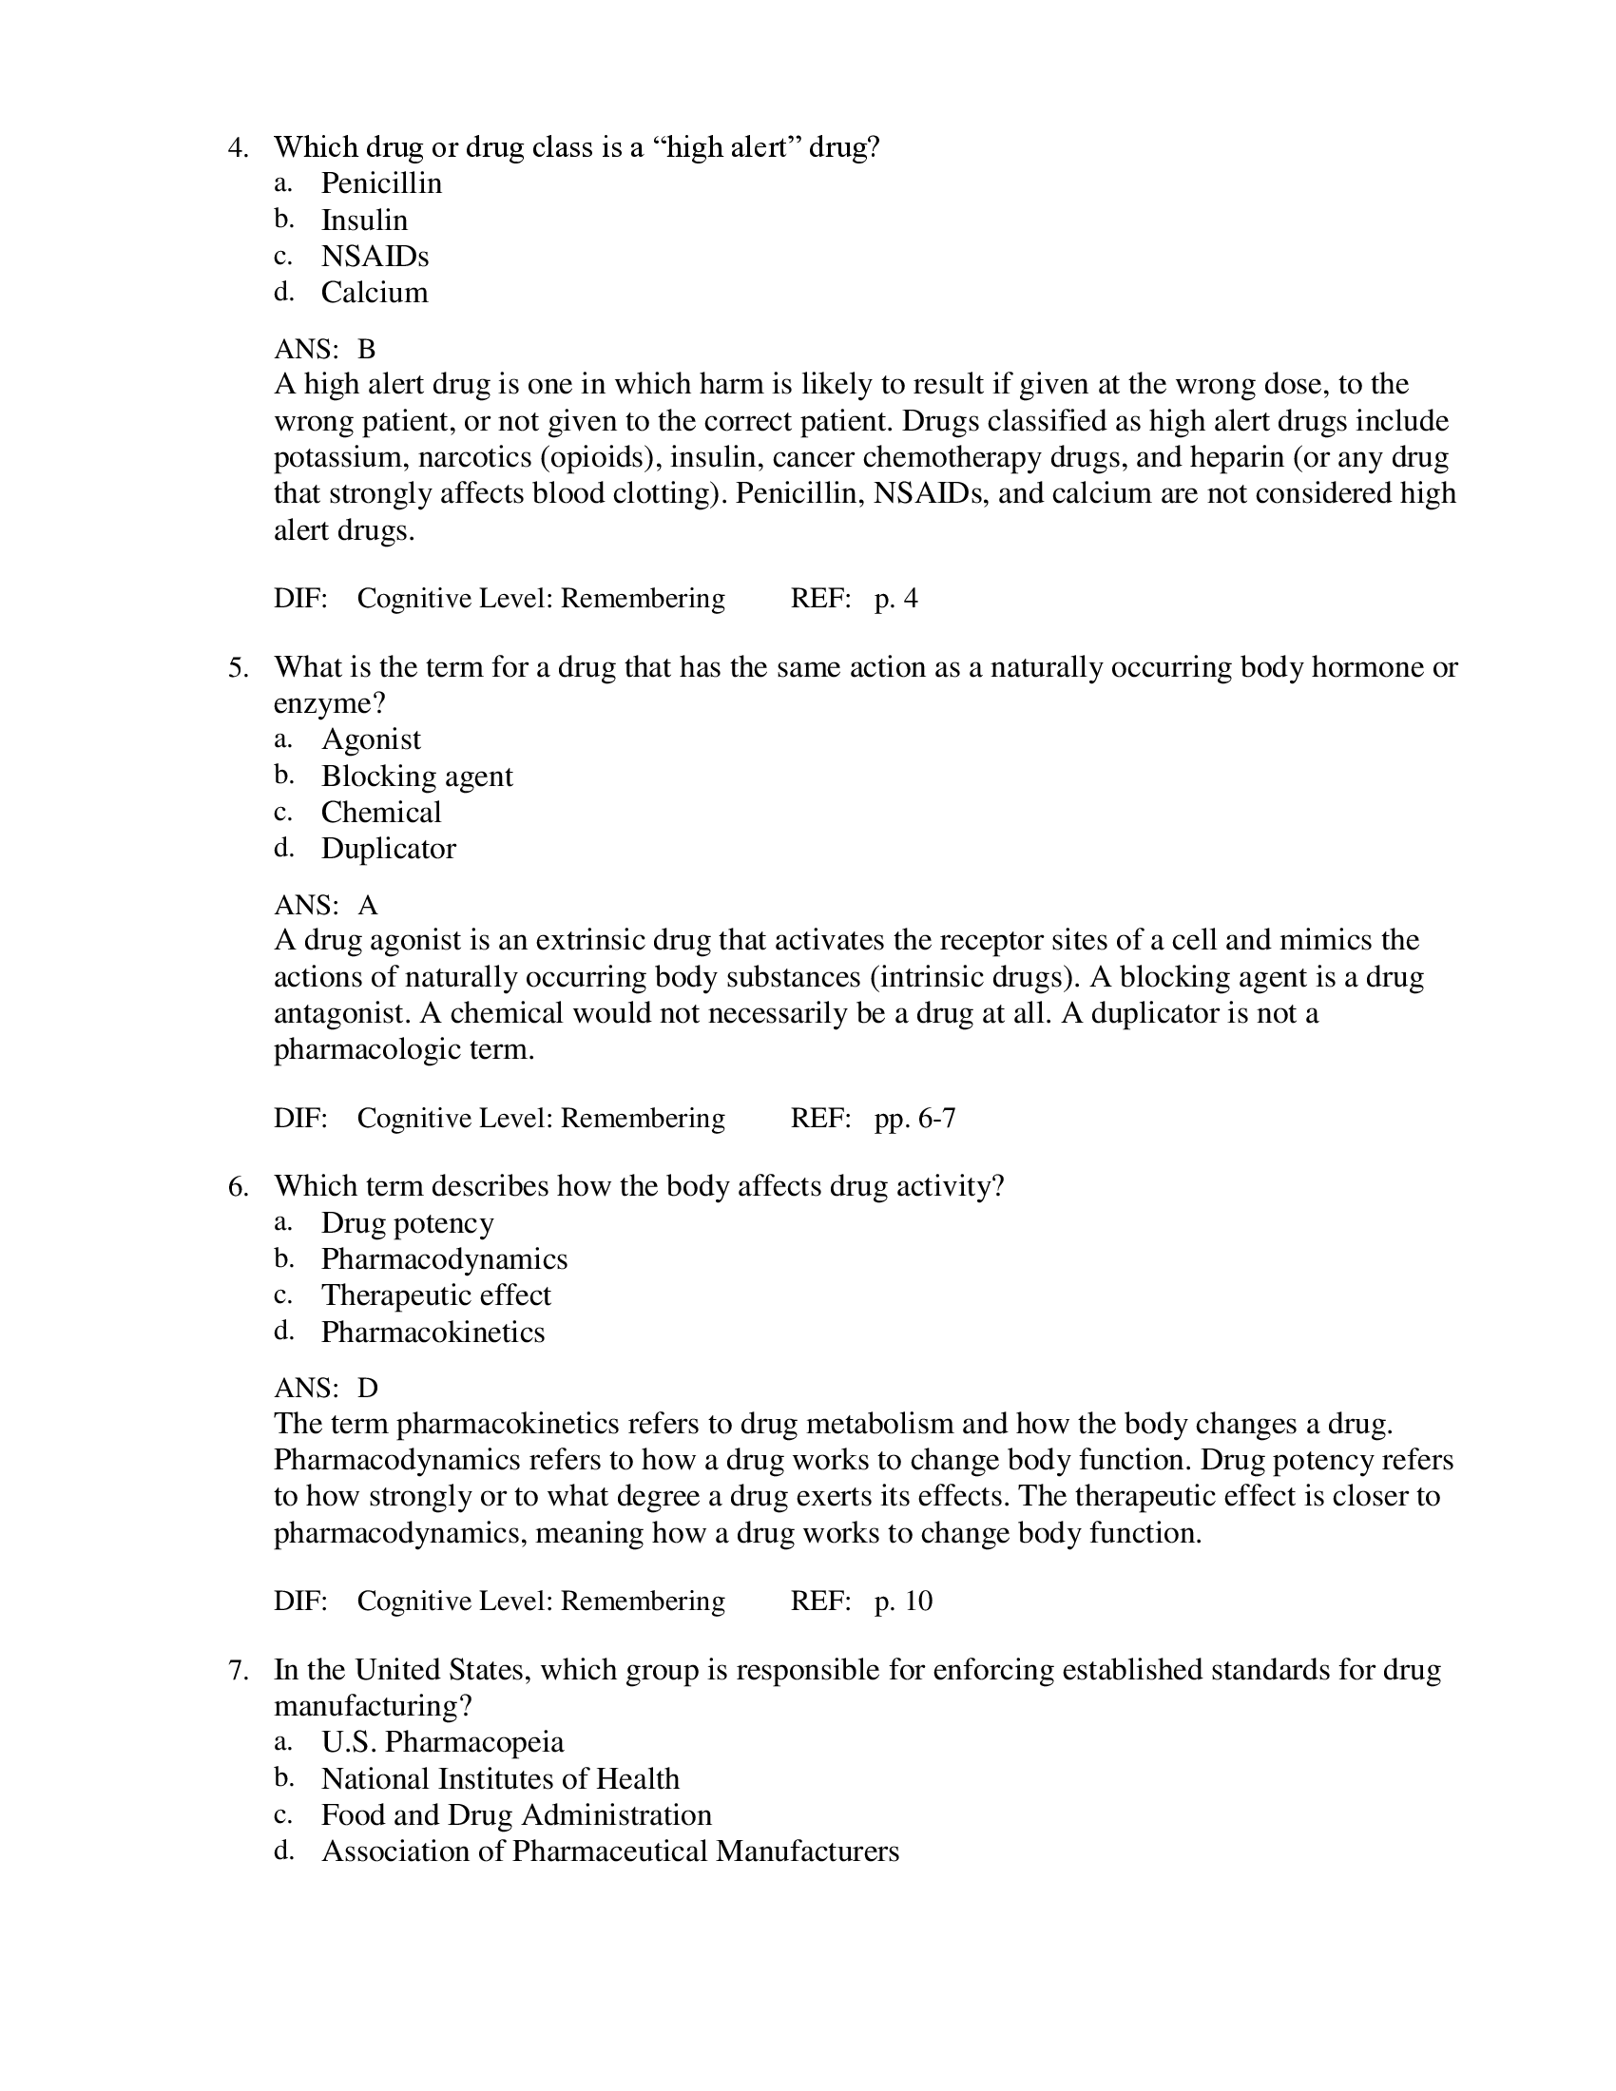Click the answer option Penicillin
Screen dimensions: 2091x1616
(x=381, y=182)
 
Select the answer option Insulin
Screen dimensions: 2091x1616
(x=364, y=221)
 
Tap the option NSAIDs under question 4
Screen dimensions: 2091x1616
(x=375, y=257)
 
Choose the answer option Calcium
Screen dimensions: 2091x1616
(x=375, y=292)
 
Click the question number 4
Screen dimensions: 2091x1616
(x=238, y=147)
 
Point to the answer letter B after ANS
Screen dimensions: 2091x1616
(x=367, y=349)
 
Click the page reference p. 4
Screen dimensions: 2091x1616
(x=896, y=599)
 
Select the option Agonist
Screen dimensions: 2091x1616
(x=371, y=739)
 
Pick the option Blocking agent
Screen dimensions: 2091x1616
(x=416, y=776)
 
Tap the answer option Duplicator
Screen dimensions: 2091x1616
(x=388, y=848)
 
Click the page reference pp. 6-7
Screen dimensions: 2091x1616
(x=914, y=1119)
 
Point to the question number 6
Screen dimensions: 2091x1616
(x=238, y=1186)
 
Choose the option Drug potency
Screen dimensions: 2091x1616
(x=407, y=1222)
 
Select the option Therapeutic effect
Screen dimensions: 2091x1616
(x=435, y=1295)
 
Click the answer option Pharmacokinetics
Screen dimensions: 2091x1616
(x=433, y=1332)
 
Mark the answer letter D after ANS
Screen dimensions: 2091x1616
(x=368, y=1389)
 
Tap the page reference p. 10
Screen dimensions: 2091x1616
(x=903, y=1601)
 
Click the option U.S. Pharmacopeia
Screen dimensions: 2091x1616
(x=442, y=1741)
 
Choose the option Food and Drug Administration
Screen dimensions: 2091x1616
(x=516, y=1814)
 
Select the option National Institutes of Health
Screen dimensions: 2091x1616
(x=500, y=1778)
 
